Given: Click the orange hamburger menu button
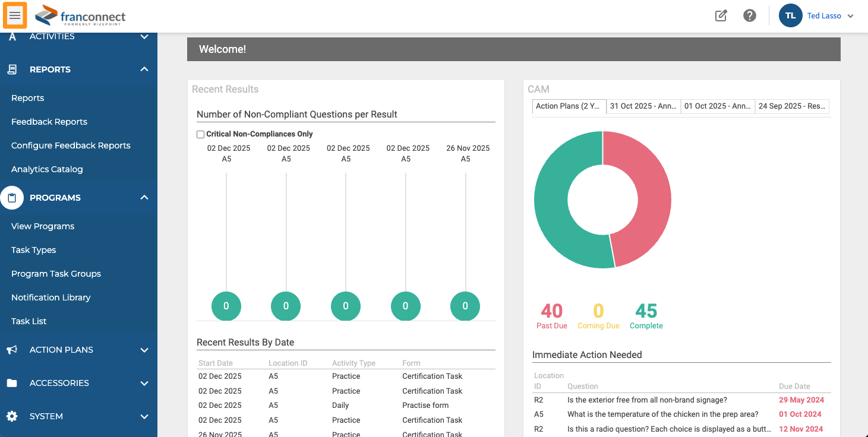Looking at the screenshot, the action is (15, 15).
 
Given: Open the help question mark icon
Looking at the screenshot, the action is (749, 15).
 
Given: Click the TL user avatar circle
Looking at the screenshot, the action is (791, 15).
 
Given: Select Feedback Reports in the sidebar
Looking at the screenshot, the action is (49, 122).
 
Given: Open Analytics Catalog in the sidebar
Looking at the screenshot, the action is (47, 169).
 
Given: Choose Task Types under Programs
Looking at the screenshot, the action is (33, 250).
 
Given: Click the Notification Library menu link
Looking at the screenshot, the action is (50, 297).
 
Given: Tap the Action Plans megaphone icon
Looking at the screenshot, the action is (12, 350).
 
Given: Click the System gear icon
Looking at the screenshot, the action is (12, 416).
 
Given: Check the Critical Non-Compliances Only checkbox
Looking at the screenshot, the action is (200, 134).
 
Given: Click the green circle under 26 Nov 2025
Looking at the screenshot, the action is (465, 306).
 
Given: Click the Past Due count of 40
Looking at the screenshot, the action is (552, 311).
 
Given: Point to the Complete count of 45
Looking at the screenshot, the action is (646, 311).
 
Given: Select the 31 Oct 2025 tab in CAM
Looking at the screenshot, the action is (643, 106).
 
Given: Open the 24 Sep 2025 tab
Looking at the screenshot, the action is (792, 106).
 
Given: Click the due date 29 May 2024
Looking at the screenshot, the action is (801, 400).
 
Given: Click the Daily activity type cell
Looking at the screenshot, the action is (340, 405).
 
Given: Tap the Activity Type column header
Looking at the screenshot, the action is (353, 363).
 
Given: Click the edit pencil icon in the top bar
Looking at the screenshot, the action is (721, 15).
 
